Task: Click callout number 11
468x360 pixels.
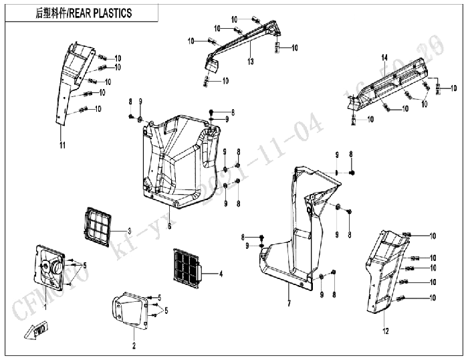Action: point(62,145)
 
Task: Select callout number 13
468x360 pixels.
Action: point(250,62)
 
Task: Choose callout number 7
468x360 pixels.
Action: point(289,304)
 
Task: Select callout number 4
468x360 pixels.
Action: point(220,274)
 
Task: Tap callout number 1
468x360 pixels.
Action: point(44,305)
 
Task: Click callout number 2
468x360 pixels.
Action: point(134,345)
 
